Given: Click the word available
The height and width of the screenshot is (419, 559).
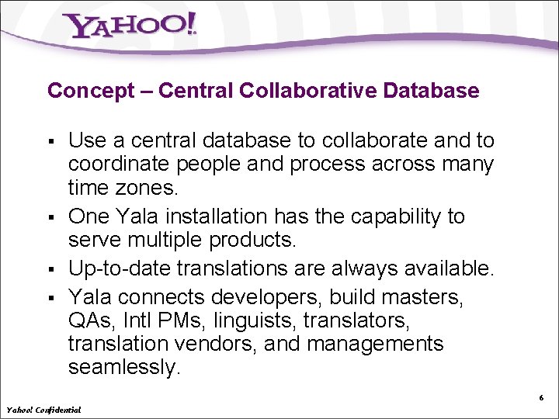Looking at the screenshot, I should click(443, 268).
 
